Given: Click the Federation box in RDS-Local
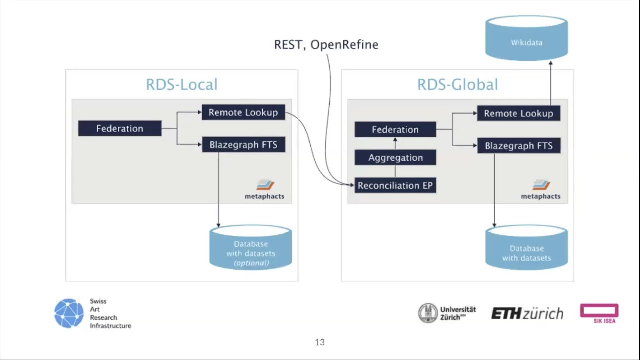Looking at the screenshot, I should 120,128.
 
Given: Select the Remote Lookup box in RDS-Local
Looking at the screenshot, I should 243,112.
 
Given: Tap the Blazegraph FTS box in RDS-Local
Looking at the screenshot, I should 243,145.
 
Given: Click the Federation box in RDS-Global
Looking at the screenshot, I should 395,129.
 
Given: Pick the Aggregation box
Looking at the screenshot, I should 395,157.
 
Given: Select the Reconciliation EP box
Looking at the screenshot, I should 395,185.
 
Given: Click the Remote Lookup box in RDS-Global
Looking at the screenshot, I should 518,113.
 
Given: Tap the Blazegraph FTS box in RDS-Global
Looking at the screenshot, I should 518,146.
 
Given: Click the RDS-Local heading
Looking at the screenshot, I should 182,84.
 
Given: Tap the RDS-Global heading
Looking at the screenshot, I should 457,84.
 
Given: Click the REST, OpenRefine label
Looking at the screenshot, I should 326,44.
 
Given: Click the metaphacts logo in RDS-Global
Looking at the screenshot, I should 541,189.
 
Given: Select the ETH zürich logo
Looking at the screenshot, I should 527,313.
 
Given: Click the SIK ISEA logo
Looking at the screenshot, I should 599,313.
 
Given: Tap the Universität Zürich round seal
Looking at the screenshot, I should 428,313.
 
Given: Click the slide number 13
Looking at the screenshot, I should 320,342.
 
